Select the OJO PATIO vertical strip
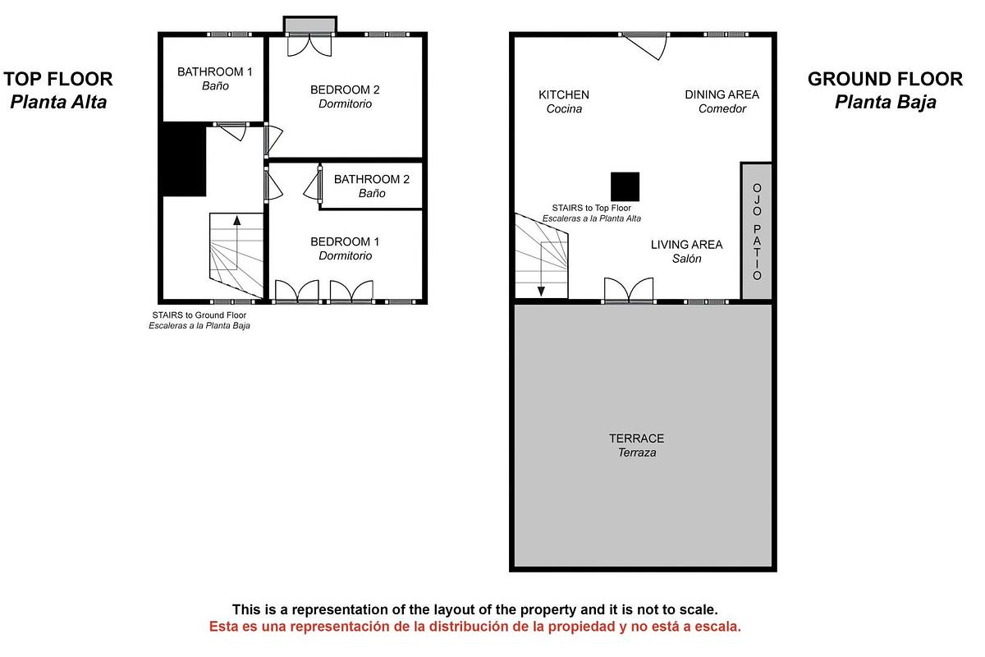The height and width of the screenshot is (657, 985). point(757,232)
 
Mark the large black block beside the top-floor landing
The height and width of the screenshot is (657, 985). point(183,159)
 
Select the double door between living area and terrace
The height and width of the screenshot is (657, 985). point(629,291)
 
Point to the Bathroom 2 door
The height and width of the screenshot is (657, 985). point(314,185)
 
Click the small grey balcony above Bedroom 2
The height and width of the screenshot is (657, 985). point(309,25)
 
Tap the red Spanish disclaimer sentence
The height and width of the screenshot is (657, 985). point(474,627)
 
